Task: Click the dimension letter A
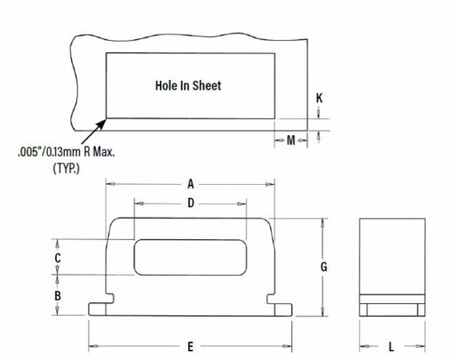(191, 184)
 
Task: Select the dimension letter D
(191, 204)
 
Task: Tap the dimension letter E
(190, 347)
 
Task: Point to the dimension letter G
(324, 267)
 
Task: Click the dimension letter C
(58, 258)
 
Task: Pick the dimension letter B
(58, 295)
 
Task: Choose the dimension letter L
(392, 347)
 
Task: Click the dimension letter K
(319, 98)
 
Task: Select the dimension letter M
(291, 140)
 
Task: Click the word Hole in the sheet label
(166, 85)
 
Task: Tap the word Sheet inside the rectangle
(207, 85)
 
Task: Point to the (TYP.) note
(67, 168)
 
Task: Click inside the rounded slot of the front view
(190, 257)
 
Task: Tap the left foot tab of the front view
(97, 309)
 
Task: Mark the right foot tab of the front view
(283, 309)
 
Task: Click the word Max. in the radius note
(104, 152)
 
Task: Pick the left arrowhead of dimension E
(93, 346)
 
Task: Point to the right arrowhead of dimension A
(270, 184)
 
